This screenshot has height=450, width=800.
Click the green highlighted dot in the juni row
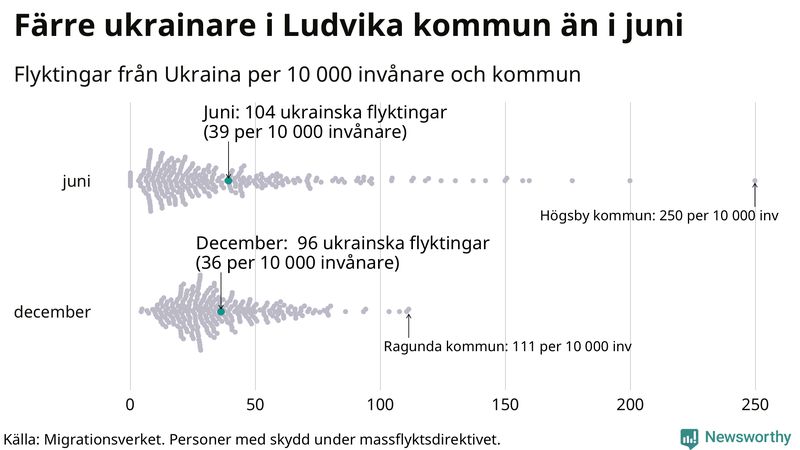228,180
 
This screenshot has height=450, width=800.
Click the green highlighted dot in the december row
221,312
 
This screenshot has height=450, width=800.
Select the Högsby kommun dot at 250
755,181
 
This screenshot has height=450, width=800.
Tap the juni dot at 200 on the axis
630,181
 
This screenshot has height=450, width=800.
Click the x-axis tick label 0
130,404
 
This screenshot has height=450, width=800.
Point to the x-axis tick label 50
255,404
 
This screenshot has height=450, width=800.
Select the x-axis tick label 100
380,404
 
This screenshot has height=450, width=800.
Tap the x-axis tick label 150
505,404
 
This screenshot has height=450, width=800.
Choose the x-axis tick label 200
630,404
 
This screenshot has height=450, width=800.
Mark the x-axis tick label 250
755,404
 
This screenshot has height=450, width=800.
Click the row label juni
76,181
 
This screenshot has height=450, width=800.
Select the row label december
52,312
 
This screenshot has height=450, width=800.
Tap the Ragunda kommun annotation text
508,346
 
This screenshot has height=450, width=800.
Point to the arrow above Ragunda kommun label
408,322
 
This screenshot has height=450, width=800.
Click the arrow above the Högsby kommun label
755,192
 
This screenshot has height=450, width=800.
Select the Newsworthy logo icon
689,437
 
